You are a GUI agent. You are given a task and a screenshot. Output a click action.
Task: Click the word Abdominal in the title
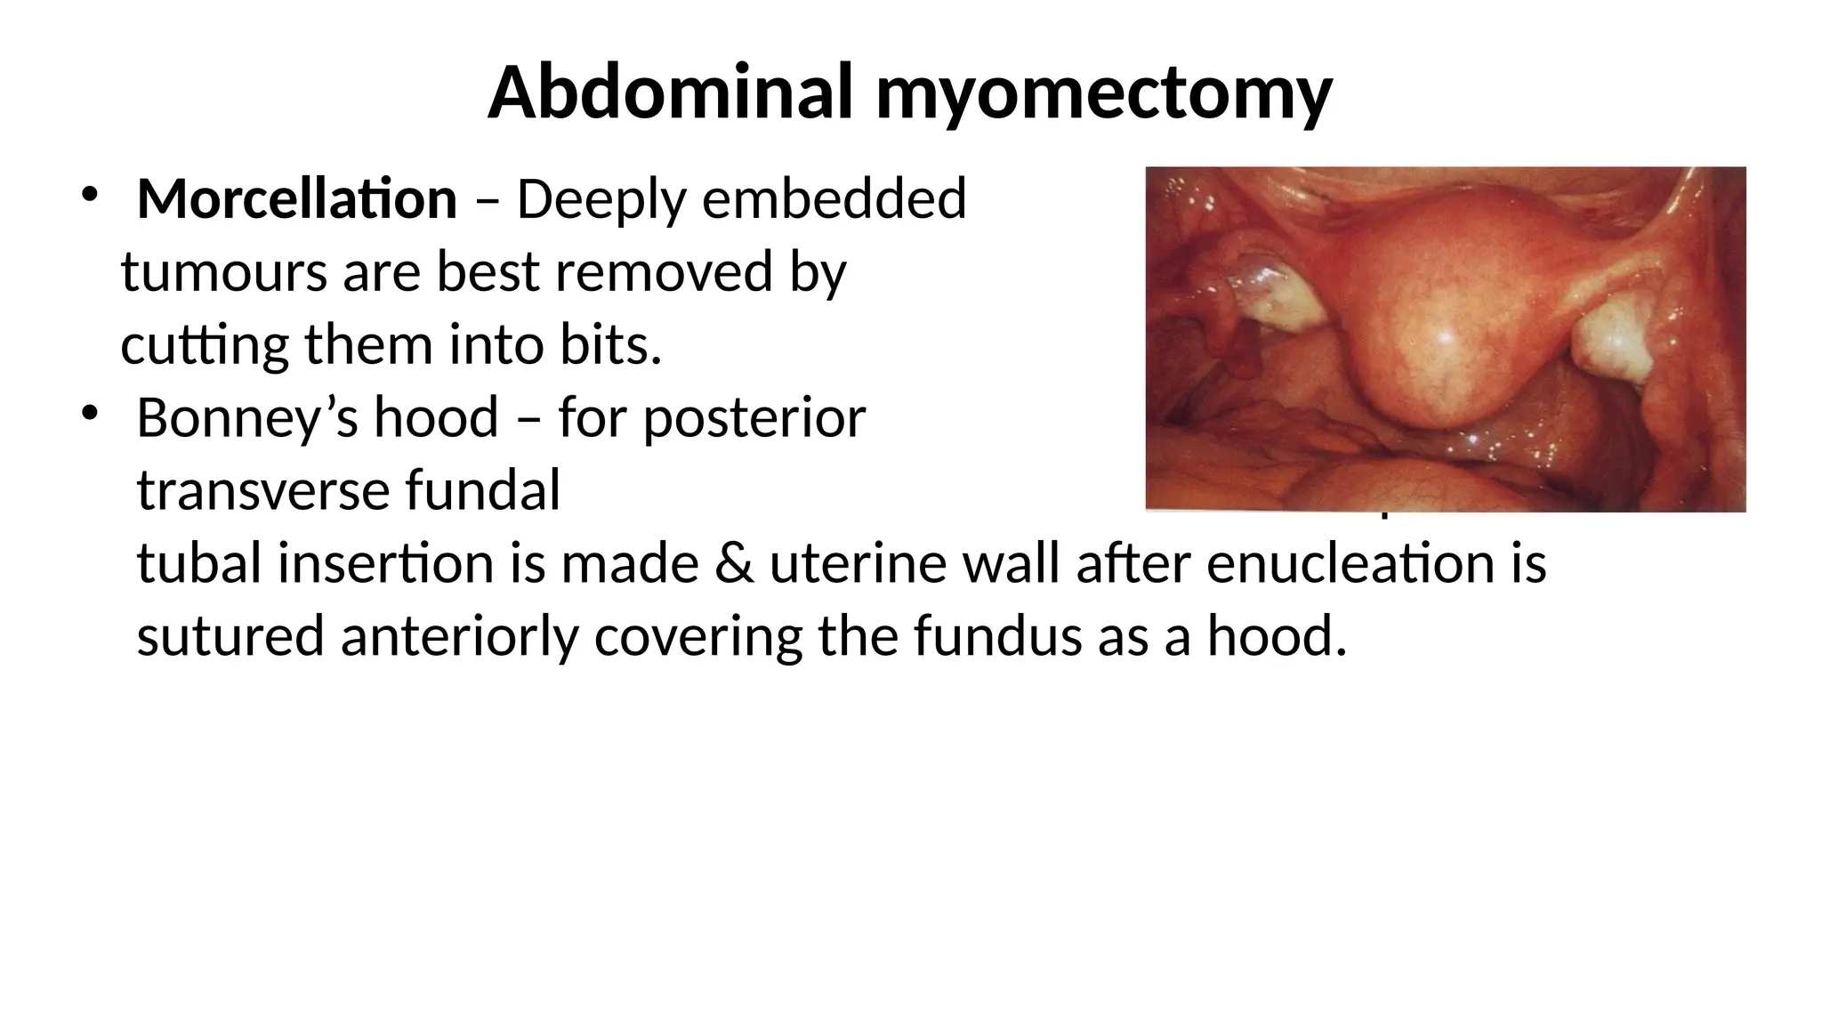coord(672,93)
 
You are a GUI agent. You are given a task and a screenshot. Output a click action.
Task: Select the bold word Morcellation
coord(297,198)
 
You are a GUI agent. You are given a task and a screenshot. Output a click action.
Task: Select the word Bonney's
coord(248,418)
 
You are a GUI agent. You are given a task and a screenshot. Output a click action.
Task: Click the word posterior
coord(754,418)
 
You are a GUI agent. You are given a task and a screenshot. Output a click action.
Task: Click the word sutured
coord(230,637)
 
